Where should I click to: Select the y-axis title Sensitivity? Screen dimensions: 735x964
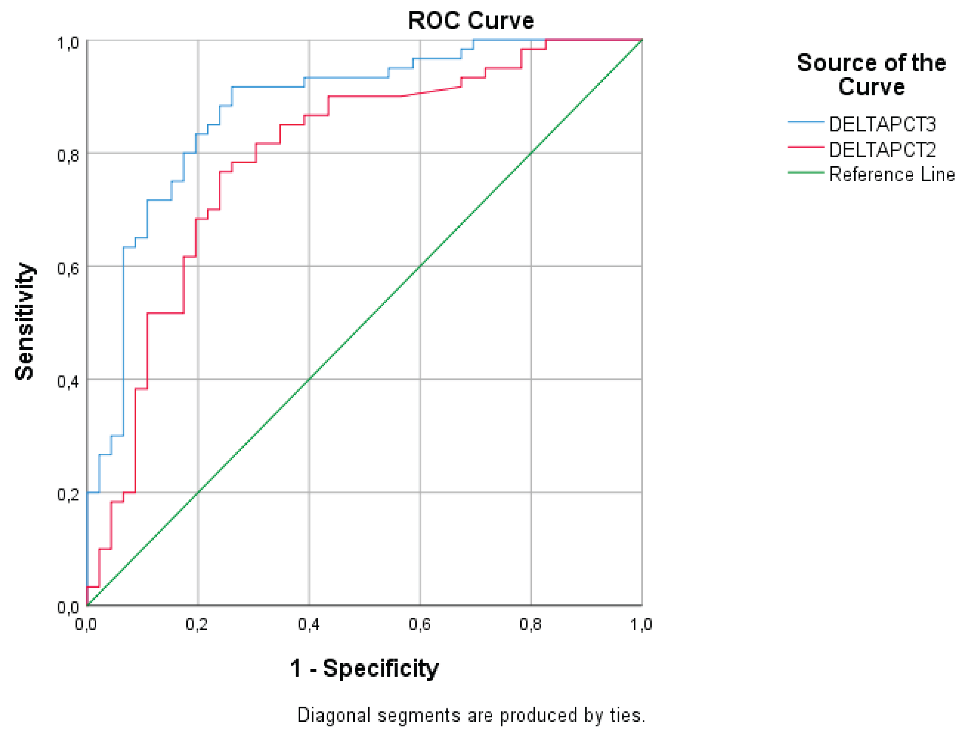[25, 322]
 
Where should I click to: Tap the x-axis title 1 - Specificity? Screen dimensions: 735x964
[364, 668]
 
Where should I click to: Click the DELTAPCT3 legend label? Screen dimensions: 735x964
[882, 125]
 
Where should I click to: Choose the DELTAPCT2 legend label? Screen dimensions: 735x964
[882, 150]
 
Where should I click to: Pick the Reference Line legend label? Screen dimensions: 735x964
[891, 174]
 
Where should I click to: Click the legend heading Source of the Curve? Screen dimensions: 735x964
[871, 75]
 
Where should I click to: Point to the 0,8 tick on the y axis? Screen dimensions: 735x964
[68, 155]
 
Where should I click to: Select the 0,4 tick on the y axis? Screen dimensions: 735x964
[68, 382]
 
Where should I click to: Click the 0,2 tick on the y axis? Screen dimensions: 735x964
[68, 494]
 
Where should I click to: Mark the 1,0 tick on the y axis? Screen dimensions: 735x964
[68, 43]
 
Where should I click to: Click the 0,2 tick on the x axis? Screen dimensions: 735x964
[197, 625]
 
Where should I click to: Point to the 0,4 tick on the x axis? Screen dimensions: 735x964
[309, 625]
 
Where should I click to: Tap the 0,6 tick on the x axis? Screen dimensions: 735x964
[420, 625]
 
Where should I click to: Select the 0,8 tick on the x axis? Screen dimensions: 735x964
[530, 625]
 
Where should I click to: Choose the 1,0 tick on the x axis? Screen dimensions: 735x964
[641, 625]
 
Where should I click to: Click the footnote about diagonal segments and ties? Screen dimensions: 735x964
[471, 715]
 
